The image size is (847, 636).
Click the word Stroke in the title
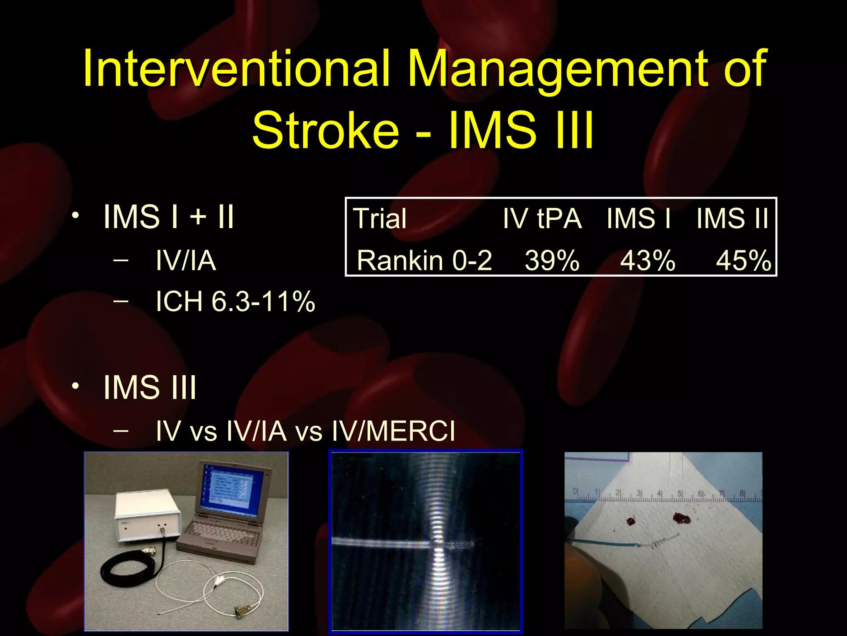[x=325, y=130]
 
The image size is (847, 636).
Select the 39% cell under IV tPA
[x=552, y=260]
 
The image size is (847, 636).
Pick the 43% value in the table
[x=648, y=260]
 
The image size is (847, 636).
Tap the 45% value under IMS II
[x=743, y=260]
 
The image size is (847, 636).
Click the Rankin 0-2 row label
[x=424, y=260]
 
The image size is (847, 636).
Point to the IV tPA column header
[x=542, y=218]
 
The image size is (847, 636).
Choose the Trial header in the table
[x=380, y=218]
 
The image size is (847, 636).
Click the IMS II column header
[x=732, y=218]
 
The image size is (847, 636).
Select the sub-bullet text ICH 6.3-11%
[x=235, y=301]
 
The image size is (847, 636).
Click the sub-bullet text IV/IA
[x=186, y=260]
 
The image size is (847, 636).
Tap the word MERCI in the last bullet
[x=410, y=431]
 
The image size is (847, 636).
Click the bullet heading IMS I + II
[x=168, y=216]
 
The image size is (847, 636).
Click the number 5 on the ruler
[x=679, y=494]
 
